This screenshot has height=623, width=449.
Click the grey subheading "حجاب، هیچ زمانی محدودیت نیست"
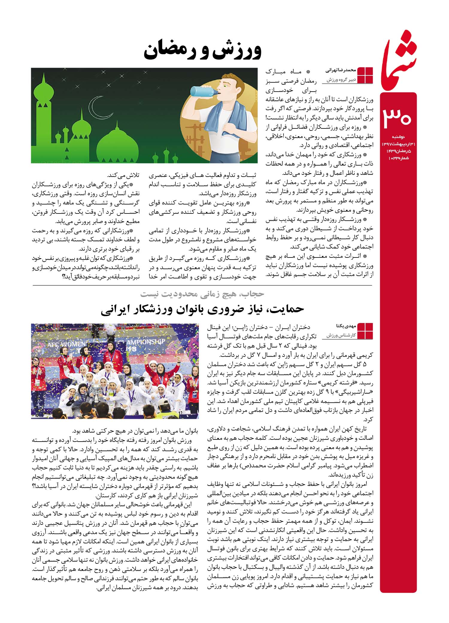pos(203,294)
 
